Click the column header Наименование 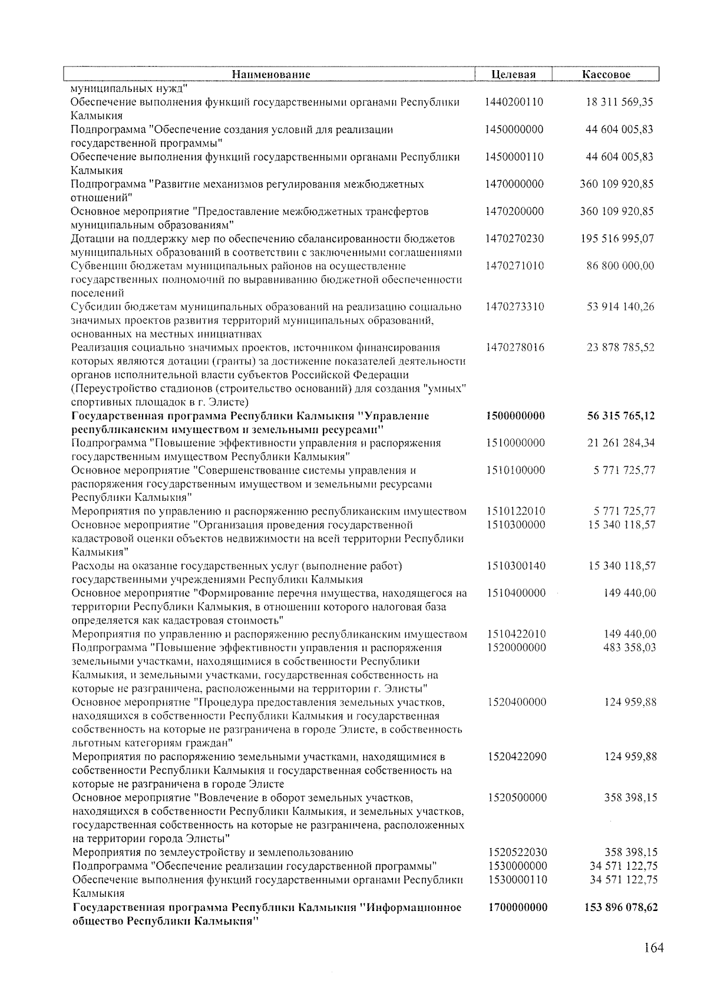pyautogui.click(x=270, y=75)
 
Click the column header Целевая pyautogui.click(x=513, y=75)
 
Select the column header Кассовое pyautogui.click(x=606, y=75)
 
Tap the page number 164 pyautogui.click(x=653, y=948)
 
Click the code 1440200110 pyautogui.click(x=514, y=102)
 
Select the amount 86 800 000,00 pyautogui.click(x=620, y=266)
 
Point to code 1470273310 pyautogui.click(x=515, y=306)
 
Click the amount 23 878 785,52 pyautogui.click(x=620, y=348)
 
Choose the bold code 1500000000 pyautogui.click(x=516, y=416)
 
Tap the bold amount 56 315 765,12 pyautogui.click(x=620, y=416)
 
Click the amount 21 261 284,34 pyautogui.click(x=621, y=443)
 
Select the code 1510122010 pyautogui.click(x=516, y=511)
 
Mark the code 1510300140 pyautogui.click(x=517, y=566)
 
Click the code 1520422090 pyautogui.click(x=517, y=757)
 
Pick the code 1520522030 pyautogui.click(x=517, y=852)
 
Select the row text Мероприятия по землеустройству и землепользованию pyautogui.click(x=213, y=852)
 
